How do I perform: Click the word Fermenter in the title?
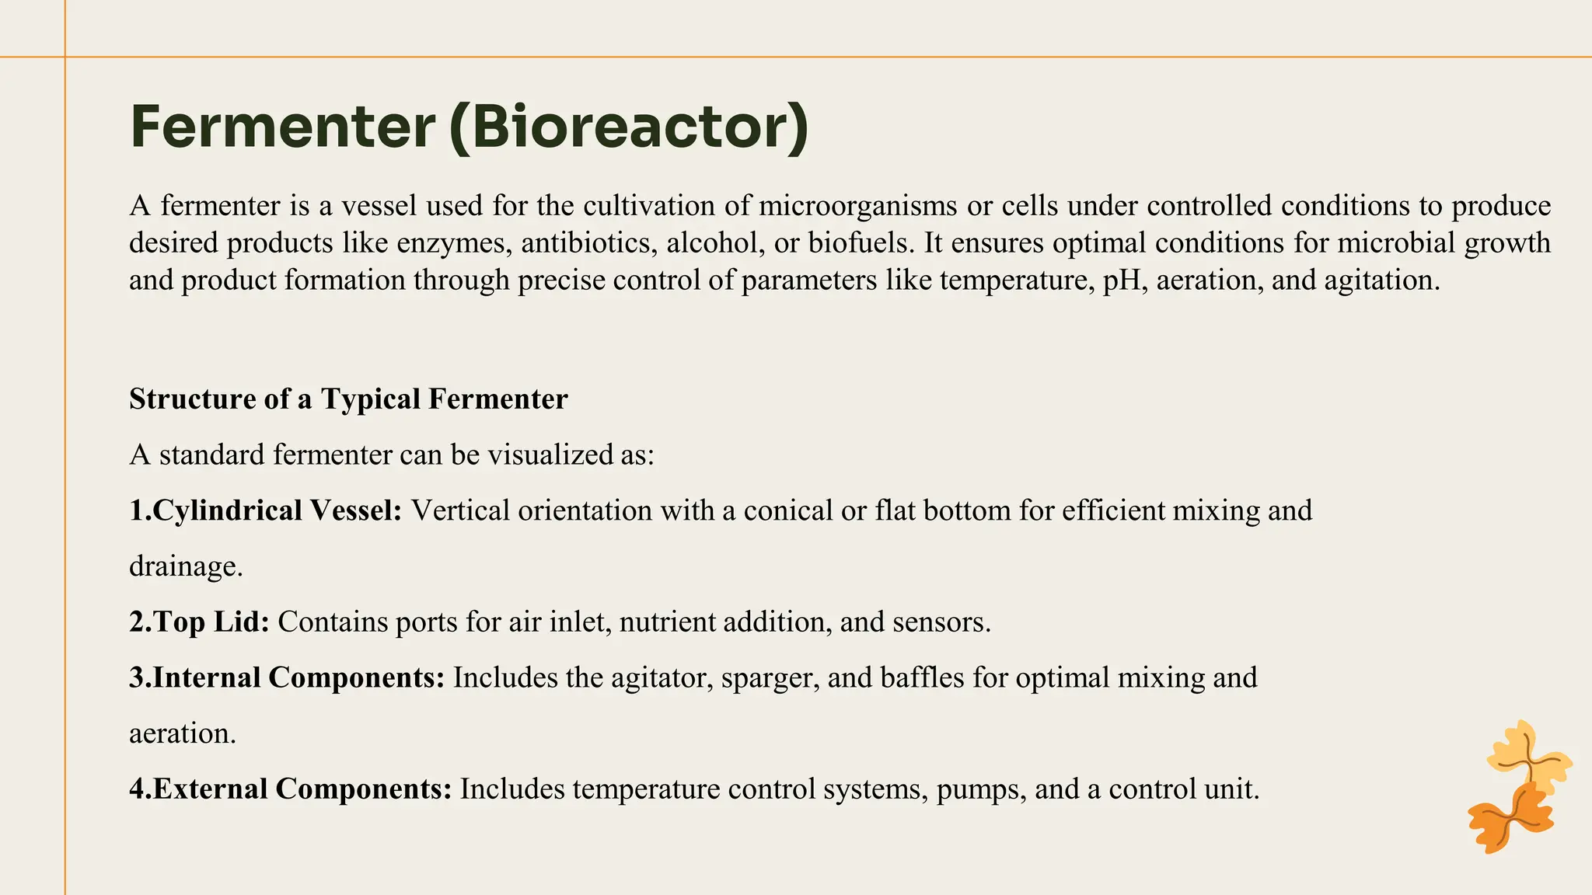[282, 127]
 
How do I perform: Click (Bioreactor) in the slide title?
[629, 127]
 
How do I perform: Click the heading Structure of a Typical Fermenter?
[348, 399]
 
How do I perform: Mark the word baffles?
[921, 677]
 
